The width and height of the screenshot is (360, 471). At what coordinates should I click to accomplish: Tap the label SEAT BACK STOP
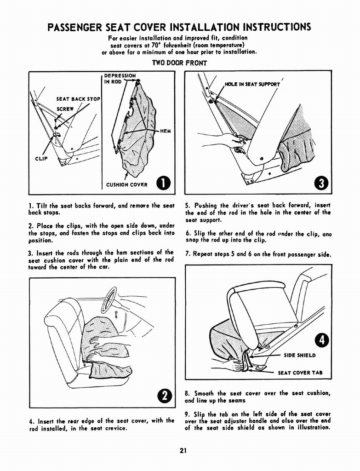78,99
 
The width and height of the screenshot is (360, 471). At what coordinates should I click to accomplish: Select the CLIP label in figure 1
41,160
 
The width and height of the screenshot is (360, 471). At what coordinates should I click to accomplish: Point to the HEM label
165,131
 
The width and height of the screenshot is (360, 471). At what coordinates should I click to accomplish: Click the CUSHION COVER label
127,185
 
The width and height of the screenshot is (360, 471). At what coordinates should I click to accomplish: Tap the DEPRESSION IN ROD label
120,79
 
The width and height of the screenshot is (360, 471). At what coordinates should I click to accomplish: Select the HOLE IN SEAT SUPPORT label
252,84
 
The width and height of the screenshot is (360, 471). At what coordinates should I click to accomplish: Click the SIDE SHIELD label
299,355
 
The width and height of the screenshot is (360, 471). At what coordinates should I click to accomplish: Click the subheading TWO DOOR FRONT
179,63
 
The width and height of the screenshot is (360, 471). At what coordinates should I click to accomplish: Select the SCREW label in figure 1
65,109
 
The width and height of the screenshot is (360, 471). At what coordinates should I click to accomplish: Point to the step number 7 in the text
188,254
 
